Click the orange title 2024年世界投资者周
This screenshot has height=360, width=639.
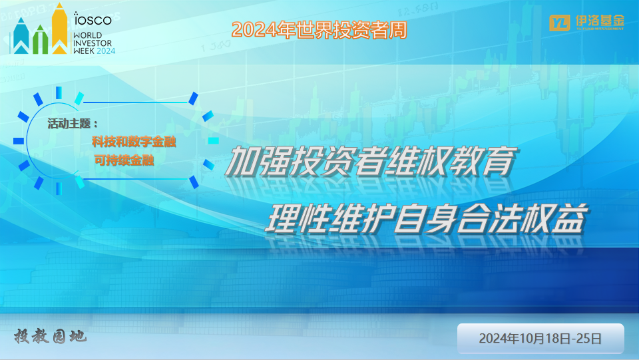coord(319,30)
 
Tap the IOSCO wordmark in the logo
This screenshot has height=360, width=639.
coord(93,19)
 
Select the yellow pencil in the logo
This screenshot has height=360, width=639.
coord(59,29)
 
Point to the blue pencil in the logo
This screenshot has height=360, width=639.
coord(21,36)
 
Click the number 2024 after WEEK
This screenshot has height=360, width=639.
coord(106,51)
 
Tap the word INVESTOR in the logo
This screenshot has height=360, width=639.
coord(93,43)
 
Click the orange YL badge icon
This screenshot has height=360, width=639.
coord(560,23)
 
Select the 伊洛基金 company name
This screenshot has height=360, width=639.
coord(600,21)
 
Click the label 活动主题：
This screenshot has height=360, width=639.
coord(73,124)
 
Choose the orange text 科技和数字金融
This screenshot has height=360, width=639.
coord(134,142)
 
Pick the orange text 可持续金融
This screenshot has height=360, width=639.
coord(124,160)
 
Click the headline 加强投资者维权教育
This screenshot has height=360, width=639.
coord(371,161)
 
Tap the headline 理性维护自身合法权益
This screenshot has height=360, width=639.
coord(426,218)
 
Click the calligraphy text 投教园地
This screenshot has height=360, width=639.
coord(50,337)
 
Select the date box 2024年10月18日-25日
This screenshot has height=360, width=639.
coord(540,339)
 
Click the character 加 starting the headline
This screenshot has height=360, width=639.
coord(242,161)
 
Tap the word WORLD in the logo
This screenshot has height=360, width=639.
coord(88,35)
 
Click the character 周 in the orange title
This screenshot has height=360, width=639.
coord(398,30)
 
